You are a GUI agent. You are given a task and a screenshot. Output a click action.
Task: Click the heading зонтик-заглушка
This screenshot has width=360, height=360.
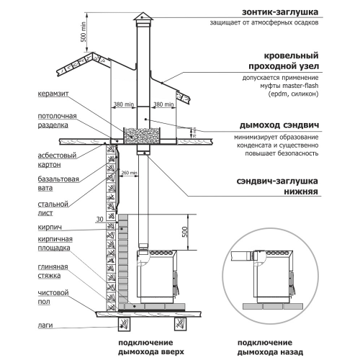[x=280, y=12]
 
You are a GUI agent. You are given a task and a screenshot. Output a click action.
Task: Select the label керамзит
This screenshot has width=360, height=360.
[x=53, y=94]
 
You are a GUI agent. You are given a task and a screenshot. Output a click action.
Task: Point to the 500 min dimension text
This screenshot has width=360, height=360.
[x=83, y=32]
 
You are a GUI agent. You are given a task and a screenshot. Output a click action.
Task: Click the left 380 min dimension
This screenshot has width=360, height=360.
[x=124, y=104]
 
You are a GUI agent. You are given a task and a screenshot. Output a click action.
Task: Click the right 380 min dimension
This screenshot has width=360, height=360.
[x=163, y=104]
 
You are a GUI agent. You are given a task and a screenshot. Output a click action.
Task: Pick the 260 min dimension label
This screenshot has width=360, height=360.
[x=130, y=173]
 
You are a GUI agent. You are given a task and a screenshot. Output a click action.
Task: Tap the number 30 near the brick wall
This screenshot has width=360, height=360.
[x=99, y=219]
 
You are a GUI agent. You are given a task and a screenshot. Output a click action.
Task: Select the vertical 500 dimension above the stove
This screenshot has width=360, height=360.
[x=184, y=232]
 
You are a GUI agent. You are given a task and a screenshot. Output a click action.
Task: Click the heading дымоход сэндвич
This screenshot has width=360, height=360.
[x=279, y=125]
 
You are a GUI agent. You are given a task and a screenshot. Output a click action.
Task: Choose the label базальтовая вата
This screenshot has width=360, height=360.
[x=58, y=184]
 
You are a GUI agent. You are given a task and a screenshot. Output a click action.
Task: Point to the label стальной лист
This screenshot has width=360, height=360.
[x=53, y=208]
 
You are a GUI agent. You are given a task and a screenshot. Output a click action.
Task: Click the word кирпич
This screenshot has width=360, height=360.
[x=50, y=227]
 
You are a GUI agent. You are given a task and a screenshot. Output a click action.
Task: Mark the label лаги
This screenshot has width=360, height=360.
[x=45, y=325]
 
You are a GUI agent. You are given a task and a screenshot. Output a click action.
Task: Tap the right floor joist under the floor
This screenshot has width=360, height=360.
[x=181, y=324]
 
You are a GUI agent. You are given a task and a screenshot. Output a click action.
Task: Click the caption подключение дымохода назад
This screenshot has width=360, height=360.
[x=270, y=347]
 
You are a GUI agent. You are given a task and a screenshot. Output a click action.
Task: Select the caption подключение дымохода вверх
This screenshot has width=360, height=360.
[x=151, y=347]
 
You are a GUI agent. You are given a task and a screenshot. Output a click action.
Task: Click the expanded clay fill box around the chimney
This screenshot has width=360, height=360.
[x=142, y=136]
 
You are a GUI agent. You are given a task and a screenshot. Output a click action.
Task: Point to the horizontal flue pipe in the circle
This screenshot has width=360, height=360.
[x=242, y=256]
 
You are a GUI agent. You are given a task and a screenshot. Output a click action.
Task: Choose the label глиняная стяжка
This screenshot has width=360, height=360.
[x=53, y=271]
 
